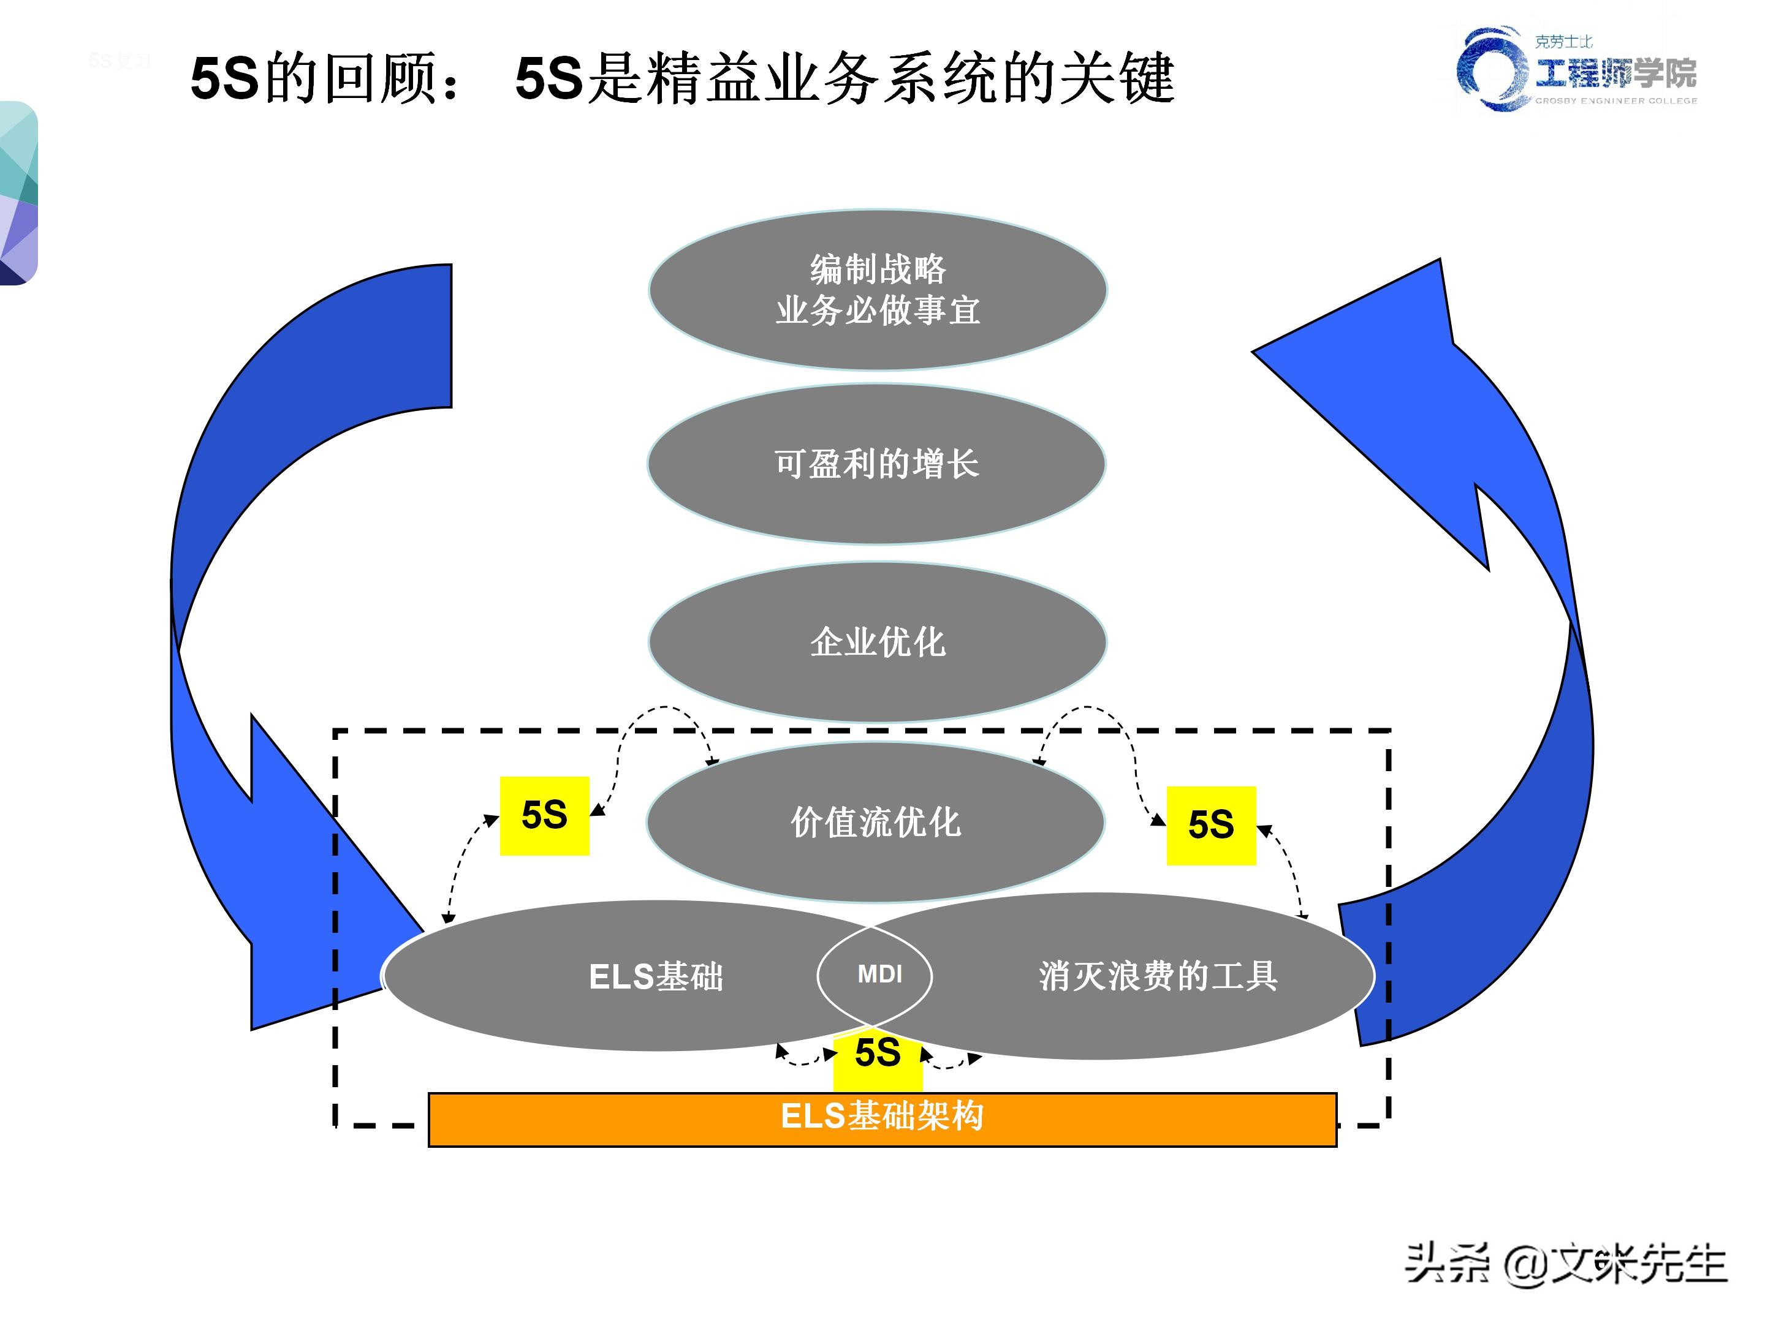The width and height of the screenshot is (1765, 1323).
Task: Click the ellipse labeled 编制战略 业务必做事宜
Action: (878, 290)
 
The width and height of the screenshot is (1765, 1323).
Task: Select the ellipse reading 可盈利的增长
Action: (876, 464)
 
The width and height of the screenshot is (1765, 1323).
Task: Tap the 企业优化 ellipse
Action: (878, 642)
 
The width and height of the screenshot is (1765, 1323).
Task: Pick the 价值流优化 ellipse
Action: (875, 822)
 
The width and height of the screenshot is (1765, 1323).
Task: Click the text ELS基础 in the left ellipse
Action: (656, 976)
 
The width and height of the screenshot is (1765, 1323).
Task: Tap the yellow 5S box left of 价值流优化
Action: (544, 815)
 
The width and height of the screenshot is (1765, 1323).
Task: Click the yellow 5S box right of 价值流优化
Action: (1210, 826)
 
